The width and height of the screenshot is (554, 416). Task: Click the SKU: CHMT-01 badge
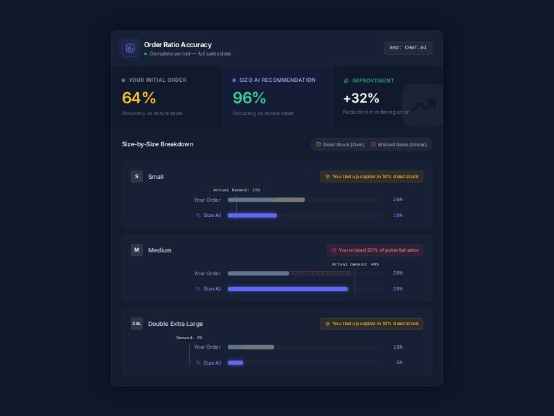tap(409, 48)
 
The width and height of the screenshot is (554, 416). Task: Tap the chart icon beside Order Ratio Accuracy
tap(130, 48)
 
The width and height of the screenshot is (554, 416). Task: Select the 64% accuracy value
tap(138, 98)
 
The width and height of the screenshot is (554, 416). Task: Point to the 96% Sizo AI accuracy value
tap(249, 98)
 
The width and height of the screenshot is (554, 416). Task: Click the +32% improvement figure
tap(361, 98)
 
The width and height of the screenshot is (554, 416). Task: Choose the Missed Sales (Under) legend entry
tap(399, 144)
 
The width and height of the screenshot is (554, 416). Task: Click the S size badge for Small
tap(136, 177)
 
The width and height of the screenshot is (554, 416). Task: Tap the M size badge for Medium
tap(136, 250)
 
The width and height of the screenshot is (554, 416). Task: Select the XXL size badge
tap(136, 324)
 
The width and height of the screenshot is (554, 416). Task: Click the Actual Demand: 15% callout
tap(237, 190)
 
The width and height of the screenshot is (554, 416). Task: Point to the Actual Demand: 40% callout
tap(355, 264)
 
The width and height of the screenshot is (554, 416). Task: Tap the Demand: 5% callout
tap(189, 338)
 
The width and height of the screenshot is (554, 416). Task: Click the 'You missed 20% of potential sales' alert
tap(375, 250)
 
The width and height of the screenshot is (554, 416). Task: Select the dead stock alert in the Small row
tap(372, 177)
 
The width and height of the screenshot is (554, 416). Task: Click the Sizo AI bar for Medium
tap(287, 288)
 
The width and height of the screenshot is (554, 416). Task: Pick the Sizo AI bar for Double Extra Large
tap(235, 363)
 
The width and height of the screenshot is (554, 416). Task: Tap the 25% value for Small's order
tap(397, 200)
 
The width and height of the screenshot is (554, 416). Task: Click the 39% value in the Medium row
tap(397, 288)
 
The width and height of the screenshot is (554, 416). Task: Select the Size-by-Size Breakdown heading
tap(157, 144)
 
